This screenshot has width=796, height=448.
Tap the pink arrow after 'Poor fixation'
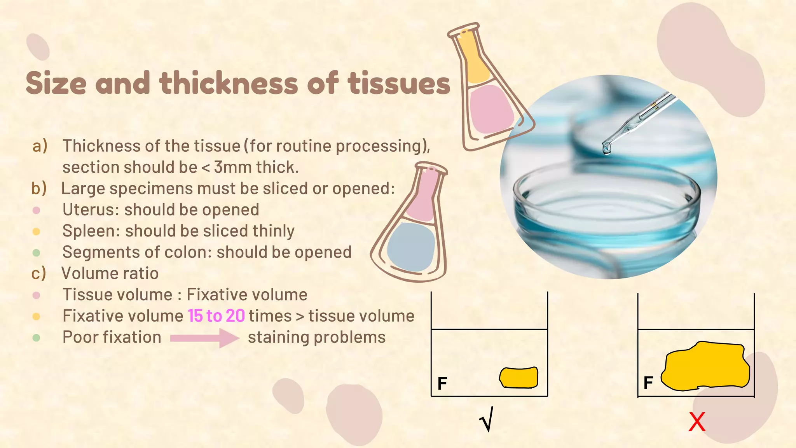coord(204,338)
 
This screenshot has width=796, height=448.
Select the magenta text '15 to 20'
coord(216,316)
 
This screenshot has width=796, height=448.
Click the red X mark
coord(696,422)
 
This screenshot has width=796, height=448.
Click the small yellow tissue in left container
coord(519,378)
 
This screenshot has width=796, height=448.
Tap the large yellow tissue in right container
coord(705,366)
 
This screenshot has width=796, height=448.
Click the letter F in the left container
coord(442,384)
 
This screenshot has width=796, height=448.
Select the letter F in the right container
coord(648,383)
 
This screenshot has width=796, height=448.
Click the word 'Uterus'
coord(91,210)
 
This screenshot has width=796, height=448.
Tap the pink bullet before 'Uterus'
coord(36,210)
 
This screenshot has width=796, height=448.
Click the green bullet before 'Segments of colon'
coord(36,253)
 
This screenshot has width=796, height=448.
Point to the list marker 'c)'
coord(38,273)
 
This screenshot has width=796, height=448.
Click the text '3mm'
coord(232,168)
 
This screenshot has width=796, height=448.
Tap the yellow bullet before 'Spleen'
coord(36,232)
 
